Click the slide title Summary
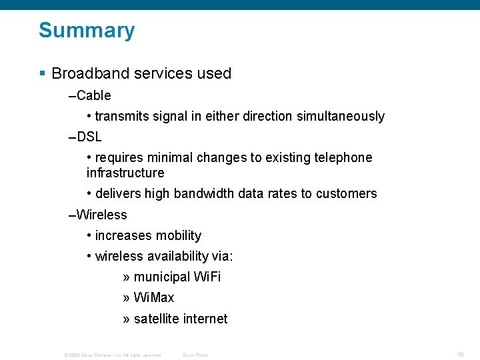point(87,31)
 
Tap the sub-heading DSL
point(89,137)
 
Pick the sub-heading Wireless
point(101,215)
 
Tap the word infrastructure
point(125,173)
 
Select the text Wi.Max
point(154,298)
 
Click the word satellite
point(156,319)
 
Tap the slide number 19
point(460,355)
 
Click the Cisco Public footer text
point(195,355)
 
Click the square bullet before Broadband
point(43,73)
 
